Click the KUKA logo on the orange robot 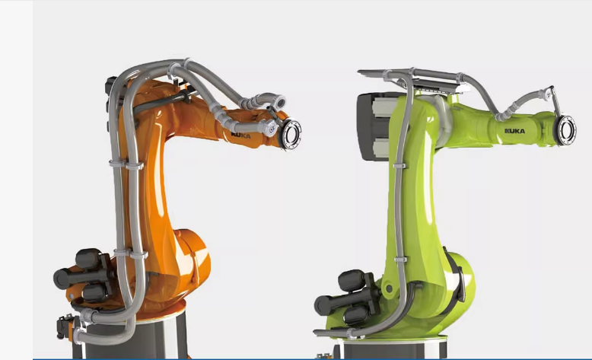[x=240, y=135]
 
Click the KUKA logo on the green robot [x=514, y=131]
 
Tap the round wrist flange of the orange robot [x=291, y=134]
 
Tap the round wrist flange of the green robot [x=565, y=130]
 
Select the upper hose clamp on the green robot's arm [x=399, y=166]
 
